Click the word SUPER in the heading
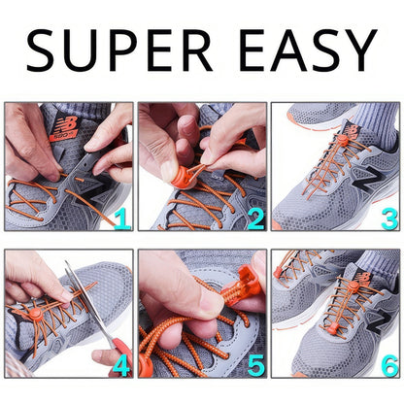coord(119,50)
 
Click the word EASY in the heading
coord(308,50)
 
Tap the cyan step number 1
coord(122,219)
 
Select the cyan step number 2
coord(256,219)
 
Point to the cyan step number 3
coord(389,219)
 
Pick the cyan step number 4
coord(121,366)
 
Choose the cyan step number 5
coord(256,366)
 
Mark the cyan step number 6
coord(389,366)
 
